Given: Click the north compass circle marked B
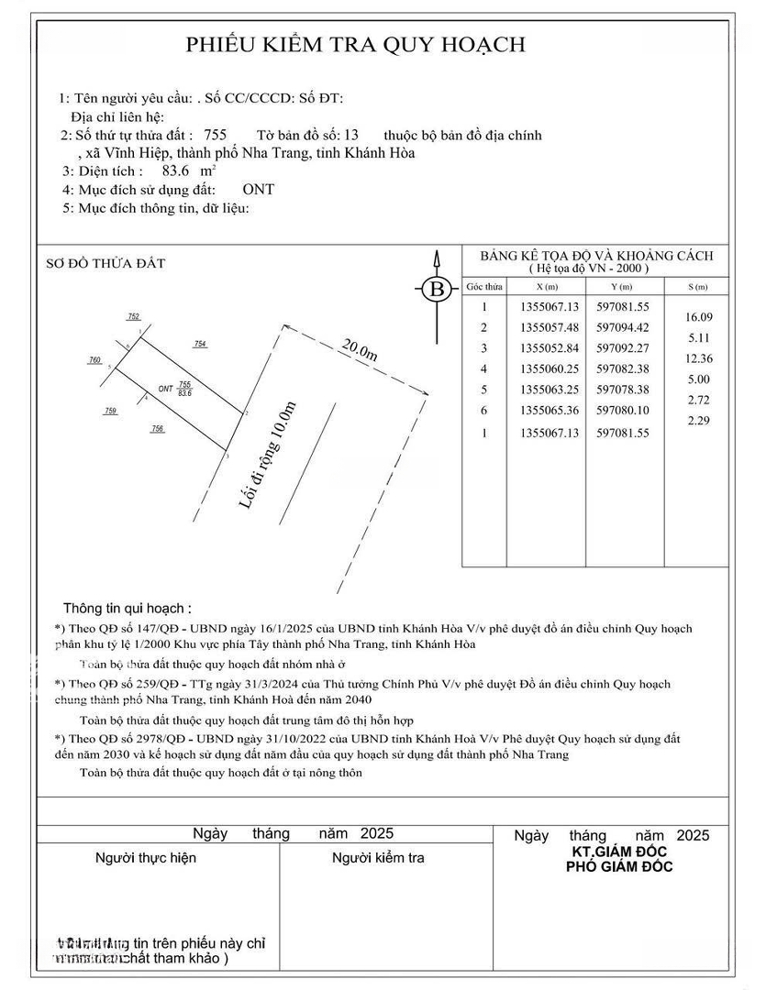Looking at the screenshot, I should click(438, 291).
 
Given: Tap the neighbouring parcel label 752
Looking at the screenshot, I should click(133, 316).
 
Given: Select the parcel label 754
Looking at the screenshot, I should click(200, 344).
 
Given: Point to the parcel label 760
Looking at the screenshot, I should click(94, 360).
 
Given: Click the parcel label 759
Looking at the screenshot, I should click(111, 412).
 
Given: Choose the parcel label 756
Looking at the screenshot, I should click(158, 428).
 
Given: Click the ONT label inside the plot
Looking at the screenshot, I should click(165, 389).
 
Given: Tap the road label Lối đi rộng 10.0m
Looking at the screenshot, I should click(267, 455).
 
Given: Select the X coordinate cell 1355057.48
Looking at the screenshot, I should click(550, 327).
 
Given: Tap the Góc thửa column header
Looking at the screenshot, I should click(484, 287).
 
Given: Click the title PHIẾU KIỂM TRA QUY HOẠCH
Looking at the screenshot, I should click(356, 44).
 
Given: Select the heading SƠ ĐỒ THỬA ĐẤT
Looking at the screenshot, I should click(105, 264).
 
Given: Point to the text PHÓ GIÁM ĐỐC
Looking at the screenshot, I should click(619, 867).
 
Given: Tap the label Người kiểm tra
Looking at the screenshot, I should click(378, 858).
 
